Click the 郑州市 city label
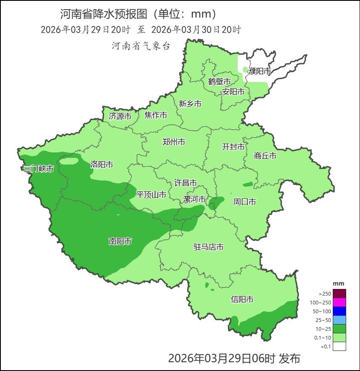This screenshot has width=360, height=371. tap(174, 142)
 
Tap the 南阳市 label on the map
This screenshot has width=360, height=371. tap(120, 241)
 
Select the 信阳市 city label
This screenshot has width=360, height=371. tap(242, 299)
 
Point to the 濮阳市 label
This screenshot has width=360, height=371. tap(259, 71)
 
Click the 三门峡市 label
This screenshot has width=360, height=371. tap(38, 169)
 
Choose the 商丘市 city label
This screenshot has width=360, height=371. tap(265, 156)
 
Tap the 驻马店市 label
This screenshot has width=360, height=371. tap(208, 247)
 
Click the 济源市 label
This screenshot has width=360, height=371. tap(120, 116)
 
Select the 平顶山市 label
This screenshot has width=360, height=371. tap(151, 195)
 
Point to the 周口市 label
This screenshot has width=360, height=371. tap(244, 202)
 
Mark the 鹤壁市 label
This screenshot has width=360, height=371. tap(220, 81)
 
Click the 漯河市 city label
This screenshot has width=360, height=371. tap(194, 199)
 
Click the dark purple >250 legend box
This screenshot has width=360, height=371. tap(339, 294)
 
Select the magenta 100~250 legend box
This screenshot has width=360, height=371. tap(339, 302)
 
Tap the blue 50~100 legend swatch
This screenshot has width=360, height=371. tap(339, 311)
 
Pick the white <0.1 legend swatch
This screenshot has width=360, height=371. tap(339, 346)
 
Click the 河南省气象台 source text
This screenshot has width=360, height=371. tap(141, 46)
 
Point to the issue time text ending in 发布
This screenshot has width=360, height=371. tap(234, 358)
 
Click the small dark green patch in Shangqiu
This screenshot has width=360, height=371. tap(248, 184)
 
